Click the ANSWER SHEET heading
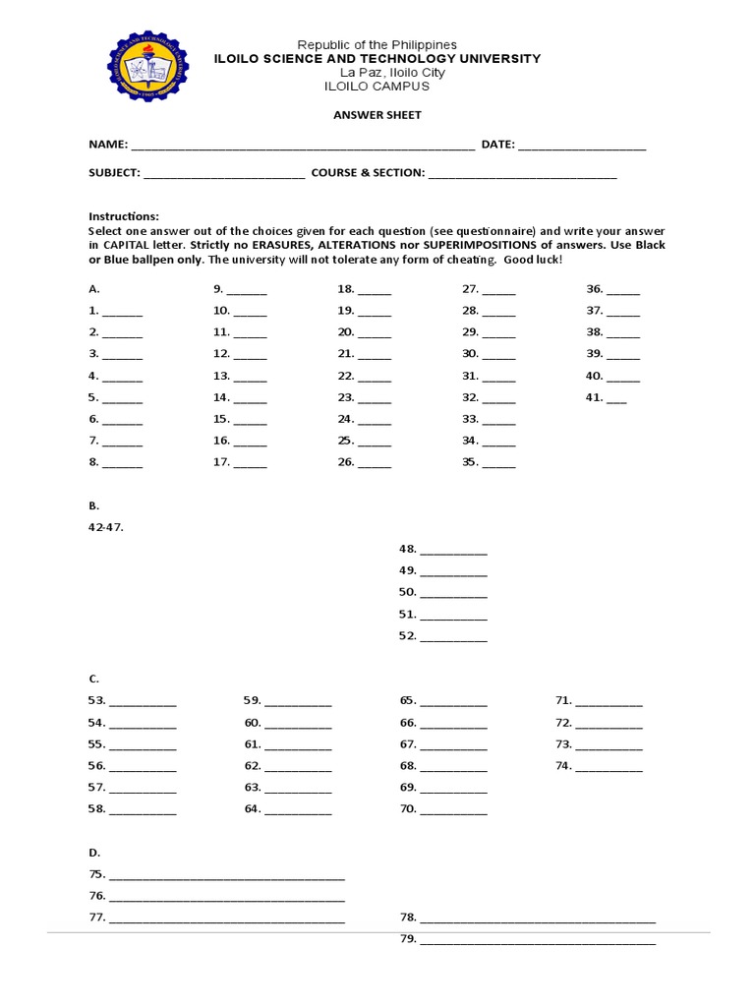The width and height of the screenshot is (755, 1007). coord(377,115)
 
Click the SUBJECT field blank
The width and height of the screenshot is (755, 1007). coord(224,176)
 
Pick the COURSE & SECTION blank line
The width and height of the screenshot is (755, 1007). coord(523,176)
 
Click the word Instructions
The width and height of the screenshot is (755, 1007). coord(123,216)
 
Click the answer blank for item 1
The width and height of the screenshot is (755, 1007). coord(122,313)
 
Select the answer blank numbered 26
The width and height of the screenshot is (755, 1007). coord(375,464)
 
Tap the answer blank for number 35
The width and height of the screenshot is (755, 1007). coord(498,464)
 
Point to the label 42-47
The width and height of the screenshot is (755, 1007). coord(106,527)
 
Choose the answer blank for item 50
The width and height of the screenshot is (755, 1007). coord(453,595)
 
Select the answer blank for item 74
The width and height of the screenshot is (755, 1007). coord(609,768)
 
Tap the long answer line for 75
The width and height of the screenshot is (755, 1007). coord(226,877)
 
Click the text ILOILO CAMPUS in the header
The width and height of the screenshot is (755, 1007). coord(377,87)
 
